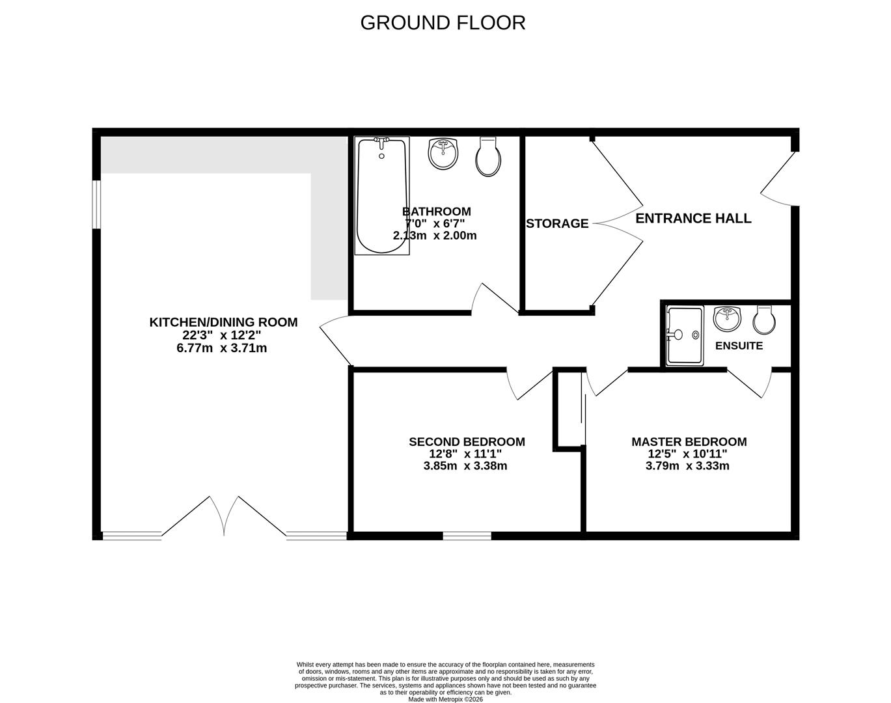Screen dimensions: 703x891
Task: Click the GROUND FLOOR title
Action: pyautogui.click(x=443, y=23)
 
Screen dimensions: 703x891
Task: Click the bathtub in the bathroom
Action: pyautogui.click(x=382, y=195)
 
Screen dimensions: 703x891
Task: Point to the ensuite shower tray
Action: pyautogui.click(x=684, y=336)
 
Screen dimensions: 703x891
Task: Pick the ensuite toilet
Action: pyautogui.click(x=763, y=318)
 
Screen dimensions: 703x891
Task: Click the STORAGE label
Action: pyautogui.click(x=557, y=224)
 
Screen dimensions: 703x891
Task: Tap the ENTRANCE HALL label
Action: pyautogui.click(x=693, y=219)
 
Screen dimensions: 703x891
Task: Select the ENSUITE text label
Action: pyautogui.click(x=739, y=346)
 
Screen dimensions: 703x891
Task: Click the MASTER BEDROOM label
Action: pyautogui.click(x=689, y=442)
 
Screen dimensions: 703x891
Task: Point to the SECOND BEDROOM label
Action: pyautogui.click(x=467, y=442)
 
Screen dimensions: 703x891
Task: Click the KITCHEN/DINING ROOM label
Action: pyautogui.click(x=223, y=322)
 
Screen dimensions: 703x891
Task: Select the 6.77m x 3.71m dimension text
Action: pyautogui.click(x=222, y=348)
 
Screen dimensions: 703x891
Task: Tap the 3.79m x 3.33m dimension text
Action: pyautogui.click(x=687, y=466)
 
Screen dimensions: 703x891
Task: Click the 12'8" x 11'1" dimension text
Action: pyautogui.click(x=465, y=454)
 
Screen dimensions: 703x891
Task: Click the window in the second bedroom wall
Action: pyautogui.click(x=467, y=536)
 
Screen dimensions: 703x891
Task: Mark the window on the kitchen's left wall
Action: pyautogui.click(x=96, y=204)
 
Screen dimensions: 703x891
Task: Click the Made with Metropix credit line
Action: pyautogui.click(x=446, y=699)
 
